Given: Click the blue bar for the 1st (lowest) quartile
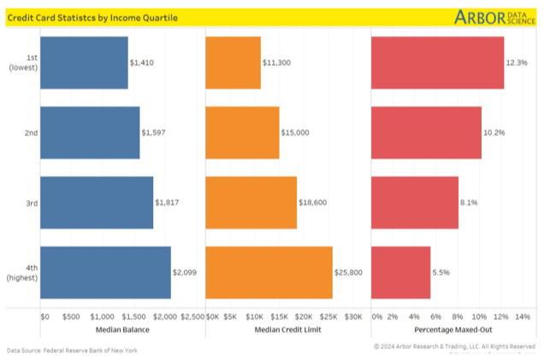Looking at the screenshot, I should click(x=84, y=62).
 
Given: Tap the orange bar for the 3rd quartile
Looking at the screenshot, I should click(x=251, y=203).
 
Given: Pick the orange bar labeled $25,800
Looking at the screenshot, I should click(x=269, y=272).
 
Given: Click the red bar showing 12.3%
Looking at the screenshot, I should click(x=437, y=62).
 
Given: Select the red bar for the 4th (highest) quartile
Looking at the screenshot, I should click(x=400, y=272).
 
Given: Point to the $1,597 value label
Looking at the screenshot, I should click(x=155, y=133).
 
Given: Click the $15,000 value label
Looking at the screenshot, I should click(x=295, y=133).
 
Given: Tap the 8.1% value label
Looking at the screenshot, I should click(x=469, y=203).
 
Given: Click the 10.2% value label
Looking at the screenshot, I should click(x=494, y=133).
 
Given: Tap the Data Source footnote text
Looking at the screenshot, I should click(x=72, y=351).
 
